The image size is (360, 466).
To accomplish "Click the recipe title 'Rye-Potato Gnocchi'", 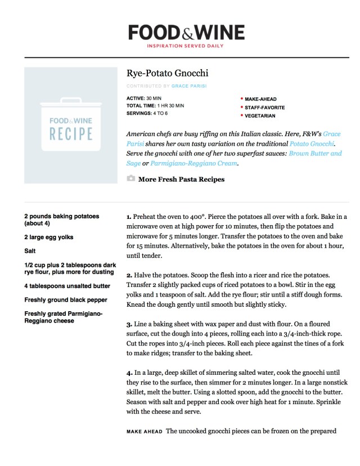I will [x=167, y=73].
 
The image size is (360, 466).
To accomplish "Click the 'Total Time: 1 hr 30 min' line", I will [x=155, y=106].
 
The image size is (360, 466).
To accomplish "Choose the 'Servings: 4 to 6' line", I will [x=147, y=113].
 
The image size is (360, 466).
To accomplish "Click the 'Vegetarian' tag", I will [x=259, y=115].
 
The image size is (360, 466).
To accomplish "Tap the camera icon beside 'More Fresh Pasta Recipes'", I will [x=131, y=179].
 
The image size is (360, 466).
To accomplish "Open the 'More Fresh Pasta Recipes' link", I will [x=181, y=180].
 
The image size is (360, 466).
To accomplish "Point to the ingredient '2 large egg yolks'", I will [x=49, y=237].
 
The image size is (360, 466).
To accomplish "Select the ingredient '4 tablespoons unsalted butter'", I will [x=67, y=286].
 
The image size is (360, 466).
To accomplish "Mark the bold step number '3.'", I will [x=129, y=325].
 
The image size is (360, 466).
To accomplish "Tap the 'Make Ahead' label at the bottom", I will [x=143, y=432].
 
